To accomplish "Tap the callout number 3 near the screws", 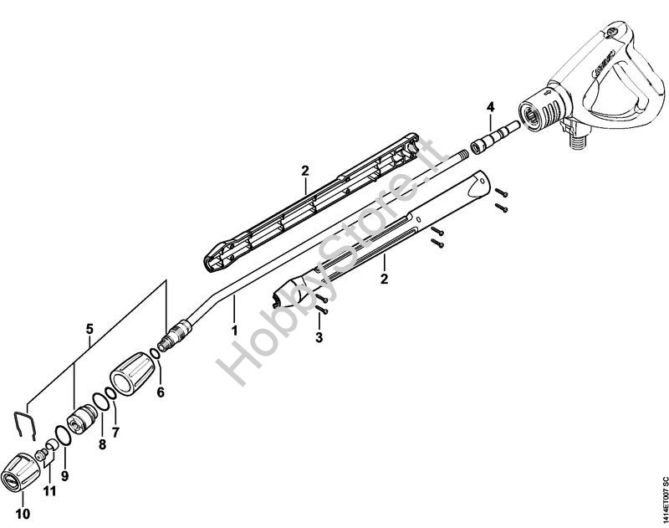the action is click(x=317, y=336).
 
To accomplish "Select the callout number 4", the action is click(x=491, y=106).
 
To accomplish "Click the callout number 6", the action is click(x=161, y=391).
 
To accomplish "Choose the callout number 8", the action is click(x=103, y=444).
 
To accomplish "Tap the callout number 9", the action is click(x=64, y=474).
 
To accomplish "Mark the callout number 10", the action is click(x=22, y=512).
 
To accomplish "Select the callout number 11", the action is click(x=49, y=490).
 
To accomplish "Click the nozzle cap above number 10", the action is click(x=19, y=475).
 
